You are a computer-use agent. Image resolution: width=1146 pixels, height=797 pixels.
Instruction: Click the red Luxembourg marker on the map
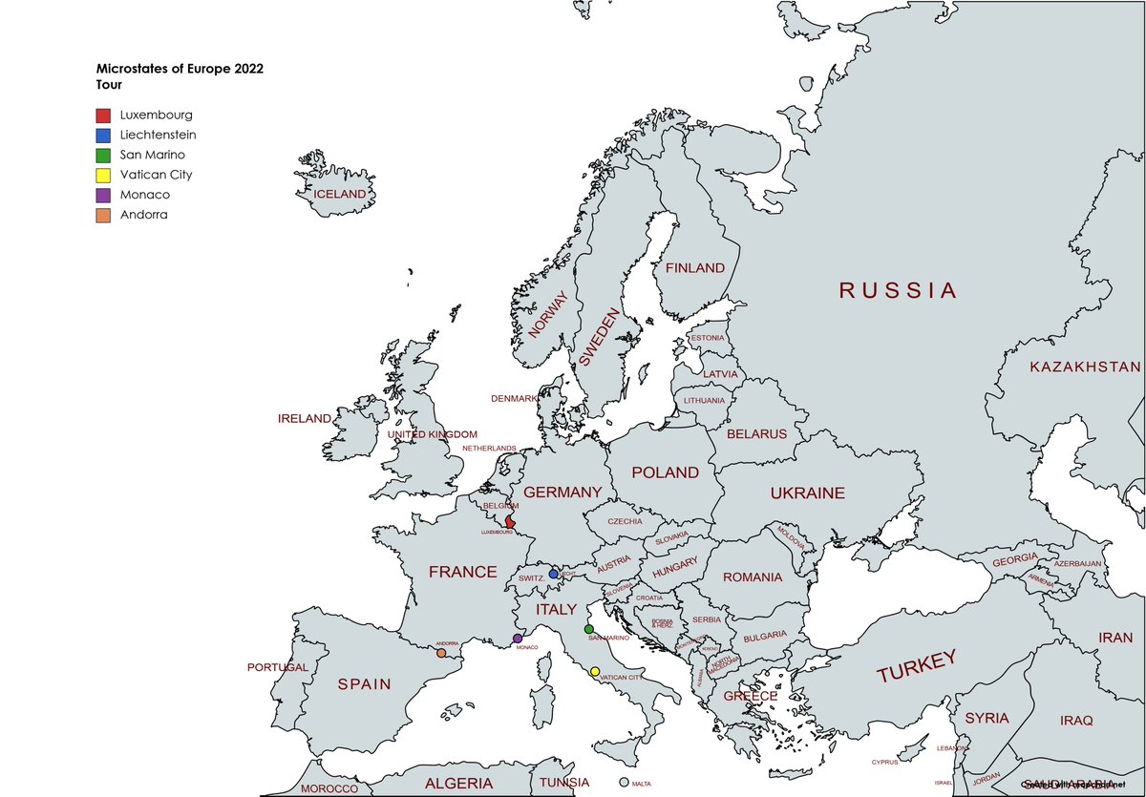(510, 522)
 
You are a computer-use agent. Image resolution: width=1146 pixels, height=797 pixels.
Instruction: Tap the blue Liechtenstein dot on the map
(554, 575)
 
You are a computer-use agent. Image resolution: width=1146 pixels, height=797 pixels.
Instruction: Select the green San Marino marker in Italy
(589, 629)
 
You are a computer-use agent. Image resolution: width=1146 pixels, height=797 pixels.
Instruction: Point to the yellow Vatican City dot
(595, 672)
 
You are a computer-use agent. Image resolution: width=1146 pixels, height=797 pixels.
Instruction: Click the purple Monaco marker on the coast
(518, 639)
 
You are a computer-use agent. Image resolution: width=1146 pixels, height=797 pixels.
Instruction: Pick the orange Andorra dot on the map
(441, 653)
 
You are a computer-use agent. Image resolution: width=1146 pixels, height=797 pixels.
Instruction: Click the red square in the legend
(104, 115)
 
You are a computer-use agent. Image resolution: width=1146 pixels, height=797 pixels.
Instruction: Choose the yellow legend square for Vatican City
(104, 175)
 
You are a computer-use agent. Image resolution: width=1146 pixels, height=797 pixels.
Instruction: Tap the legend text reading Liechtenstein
(158, 135)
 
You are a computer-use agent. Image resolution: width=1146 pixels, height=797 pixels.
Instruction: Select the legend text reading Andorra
(143, 215)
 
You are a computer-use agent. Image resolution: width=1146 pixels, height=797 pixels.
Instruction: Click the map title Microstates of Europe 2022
(180, 69)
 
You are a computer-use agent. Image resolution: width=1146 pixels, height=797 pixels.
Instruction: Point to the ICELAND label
(340, 194)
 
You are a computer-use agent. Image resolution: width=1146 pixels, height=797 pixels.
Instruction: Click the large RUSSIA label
(897, 290)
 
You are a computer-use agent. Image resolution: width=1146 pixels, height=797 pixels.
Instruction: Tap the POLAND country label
(666, 472)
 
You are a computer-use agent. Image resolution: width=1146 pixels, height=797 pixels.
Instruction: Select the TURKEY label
(916, 667)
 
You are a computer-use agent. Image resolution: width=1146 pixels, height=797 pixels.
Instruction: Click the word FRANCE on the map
(462, 572)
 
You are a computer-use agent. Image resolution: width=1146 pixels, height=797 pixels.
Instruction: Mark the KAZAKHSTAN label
(1085, 367)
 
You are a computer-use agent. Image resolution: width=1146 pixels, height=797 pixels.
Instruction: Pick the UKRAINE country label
(807, 493)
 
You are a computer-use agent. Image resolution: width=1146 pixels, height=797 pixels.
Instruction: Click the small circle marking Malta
(625, 782)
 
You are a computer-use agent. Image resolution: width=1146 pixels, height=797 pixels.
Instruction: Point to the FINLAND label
(694, 268)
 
